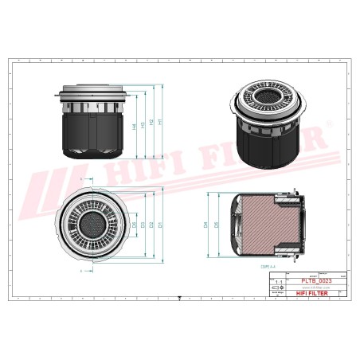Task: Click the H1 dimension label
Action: click(x=161, y=121)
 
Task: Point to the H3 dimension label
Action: click(x=142, y=125)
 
